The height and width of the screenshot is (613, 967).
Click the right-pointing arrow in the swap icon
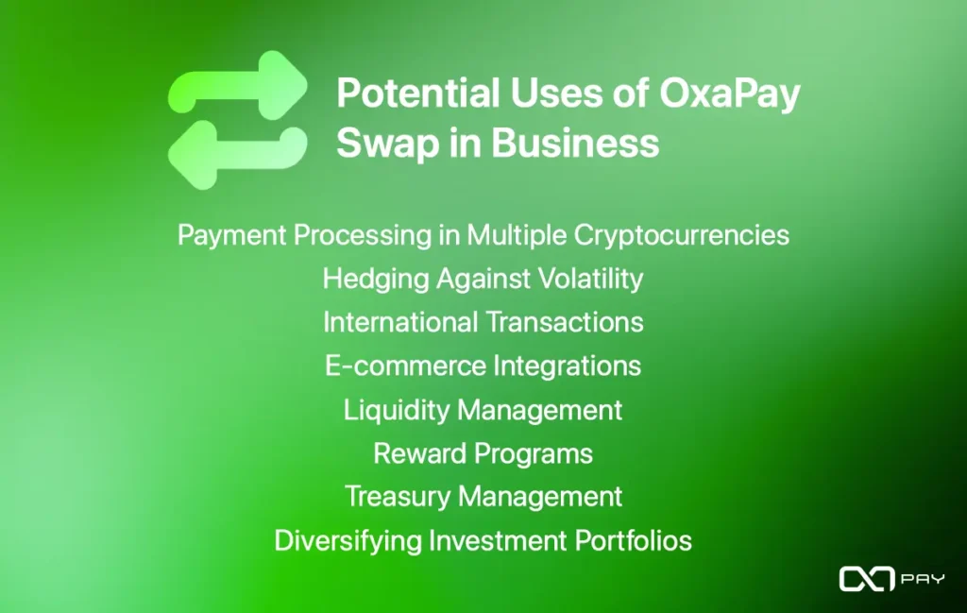click(x=238, y=86)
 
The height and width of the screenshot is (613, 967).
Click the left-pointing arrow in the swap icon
click(x=238, y=154)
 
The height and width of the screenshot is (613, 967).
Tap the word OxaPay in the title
click(x=730, y=94)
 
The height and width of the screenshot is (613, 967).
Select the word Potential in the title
click(x=417, y=94)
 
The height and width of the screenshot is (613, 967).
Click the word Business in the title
click(x=575, y=143)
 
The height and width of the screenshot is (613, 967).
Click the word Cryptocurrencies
click(x=682, y=236)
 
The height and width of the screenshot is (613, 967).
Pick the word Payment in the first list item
click(x=232, y=236)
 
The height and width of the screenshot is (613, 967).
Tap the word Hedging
click(x=376, y=280)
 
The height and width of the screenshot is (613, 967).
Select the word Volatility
click(x=591, y=280)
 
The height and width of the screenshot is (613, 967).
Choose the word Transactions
click(x=565, y=322)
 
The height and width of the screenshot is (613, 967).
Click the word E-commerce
click(x=406, y=366)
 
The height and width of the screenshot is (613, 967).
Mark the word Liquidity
click(x=397, y=411)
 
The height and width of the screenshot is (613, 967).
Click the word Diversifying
click(x=348, y=541)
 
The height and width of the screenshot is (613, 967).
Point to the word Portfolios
click(x=634, y=541)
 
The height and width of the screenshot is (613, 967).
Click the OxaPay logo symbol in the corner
click(x=867, y=579)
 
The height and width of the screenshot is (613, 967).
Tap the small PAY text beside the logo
click(x=923, y=579)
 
